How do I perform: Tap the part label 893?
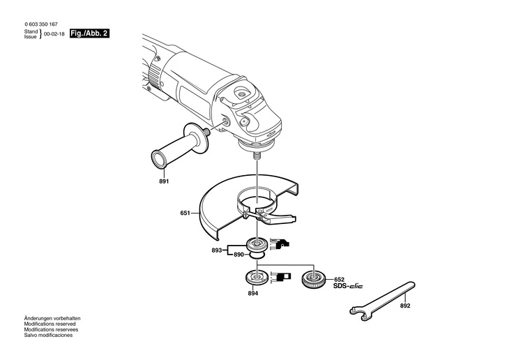(x=217, y=250)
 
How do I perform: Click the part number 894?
(x=253, y=294)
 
